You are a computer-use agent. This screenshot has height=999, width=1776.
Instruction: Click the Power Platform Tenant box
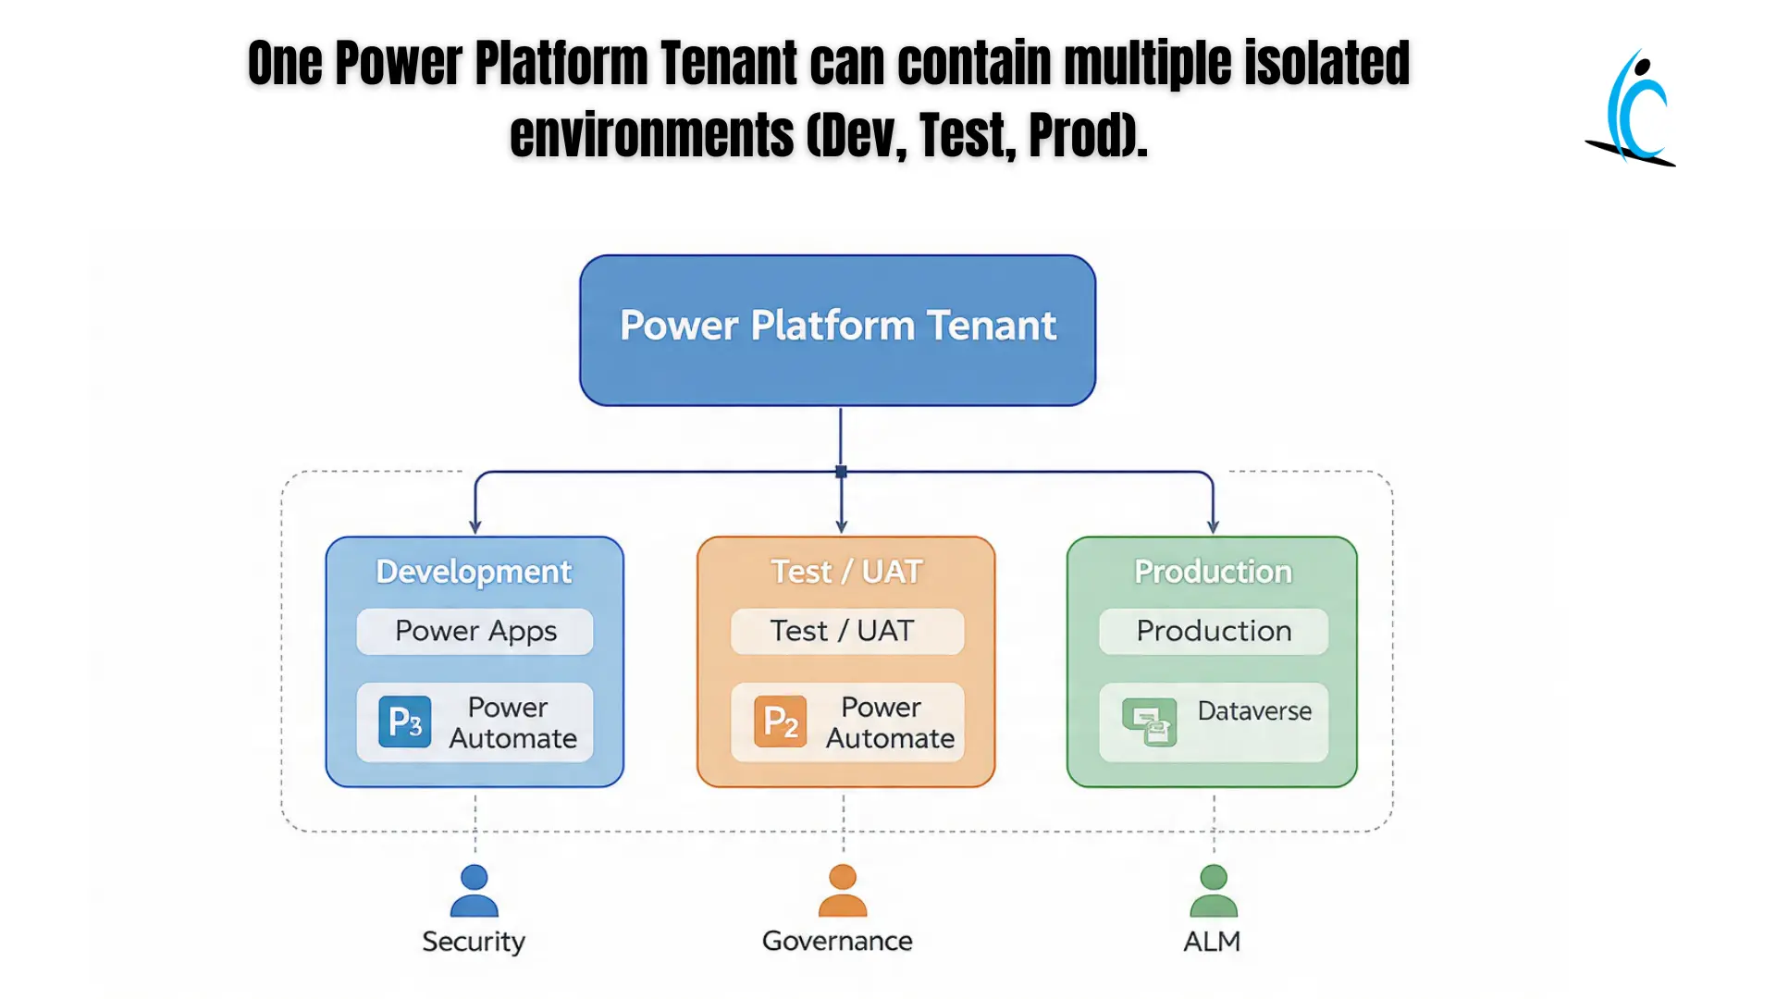(x=837, y=330)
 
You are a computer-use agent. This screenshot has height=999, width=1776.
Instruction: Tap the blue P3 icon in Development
(x=404, y=721)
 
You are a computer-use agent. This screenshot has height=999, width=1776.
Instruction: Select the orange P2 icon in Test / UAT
(x=780, y=721)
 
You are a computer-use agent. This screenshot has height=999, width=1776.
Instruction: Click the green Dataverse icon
(x=1149, y=722)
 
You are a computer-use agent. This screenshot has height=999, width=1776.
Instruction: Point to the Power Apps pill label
(x=475, y=631)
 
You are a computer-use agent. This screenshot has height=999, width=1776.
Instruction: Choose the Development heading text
(x=474, y=572)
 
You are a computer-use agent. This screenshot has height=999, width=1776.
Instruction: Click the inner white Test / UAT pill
(x=846, y=631)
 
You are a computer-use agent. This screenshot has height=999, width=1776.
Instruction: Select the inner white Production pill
(x=1213, y=631)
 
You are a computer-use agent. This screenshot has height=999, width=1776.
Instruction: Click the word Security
(x=474, y=942)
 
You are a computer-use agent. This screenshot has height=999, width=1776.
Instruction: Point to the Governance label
(x=837, y=942)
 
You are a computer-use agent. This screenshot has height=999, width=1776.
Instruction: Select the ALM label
(x=1212, y=942)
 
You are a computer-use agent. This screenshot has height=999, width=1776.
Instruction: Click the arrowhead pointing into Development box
(x=475, y=526)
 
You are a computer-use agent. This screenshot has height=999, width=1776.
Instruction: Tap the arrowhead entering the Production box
(x=1213, y=526)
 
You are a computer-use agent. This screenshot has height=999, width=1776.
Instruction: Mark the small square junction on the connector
(x=841, y=472)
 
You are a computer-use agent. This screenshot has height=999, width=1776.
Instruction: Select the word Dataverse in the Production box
(x=1254, y=711)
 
